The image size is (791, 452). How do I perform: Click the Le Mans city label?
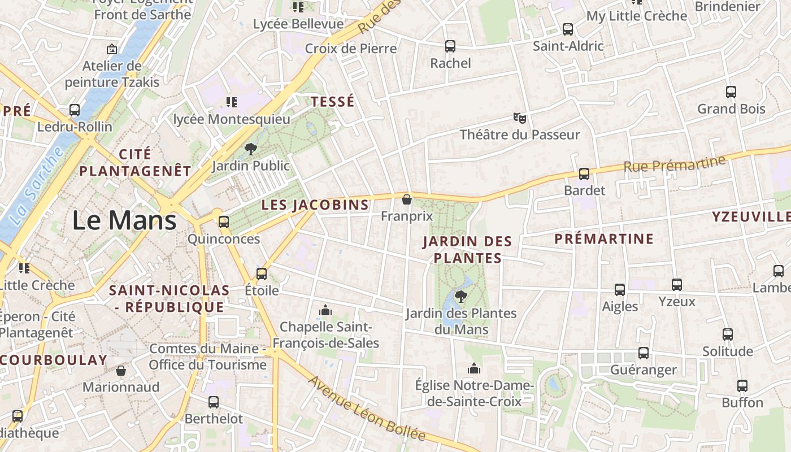(x=124, y=220)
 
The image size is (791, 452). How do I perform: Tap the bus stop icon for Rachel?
(x=450, y=46)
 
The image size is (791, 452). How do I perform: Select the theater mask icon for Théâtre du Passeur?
(x=520, y=118)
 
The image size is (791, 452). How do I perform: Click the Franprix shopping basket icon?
(x=406, y=199)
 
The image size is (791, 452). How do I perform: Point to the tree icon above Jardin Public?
(x=250, y=149)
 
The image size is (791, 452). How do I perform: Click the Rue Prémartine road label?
(x=674, y=164)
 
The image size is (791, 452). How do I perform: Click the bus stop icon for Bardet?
(x=584, y=174)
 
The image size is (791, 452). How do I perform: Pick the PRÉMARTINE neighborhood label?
(x=603, y=239)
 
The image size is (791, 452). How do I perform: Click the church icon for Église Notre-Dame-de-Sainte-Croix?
(x=474, y=369)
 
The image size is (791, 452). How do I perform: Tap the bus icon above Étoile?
(x=262, y=274)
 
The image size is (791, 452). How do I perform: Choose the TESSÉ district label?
(x=333, y=102)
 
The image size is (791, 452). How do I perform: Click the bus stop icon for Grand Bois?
(x=731, y=92)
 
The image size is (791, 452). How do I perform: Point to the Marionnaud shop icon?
(x=120, y=371)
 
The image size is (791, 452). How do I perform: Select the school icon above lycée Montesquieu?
(x=232, y=102)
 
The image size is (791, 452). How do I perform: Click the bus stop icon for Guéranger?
(x=644, y=353)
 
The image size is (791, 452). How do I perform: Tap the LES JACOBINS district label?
(x=315, y=205)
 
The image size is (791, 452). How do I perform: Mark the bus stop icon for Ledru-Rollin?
(x=75, y=110)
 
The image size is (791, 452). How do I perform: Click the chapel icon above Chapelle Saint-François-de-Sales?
(x=325, y=310)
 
